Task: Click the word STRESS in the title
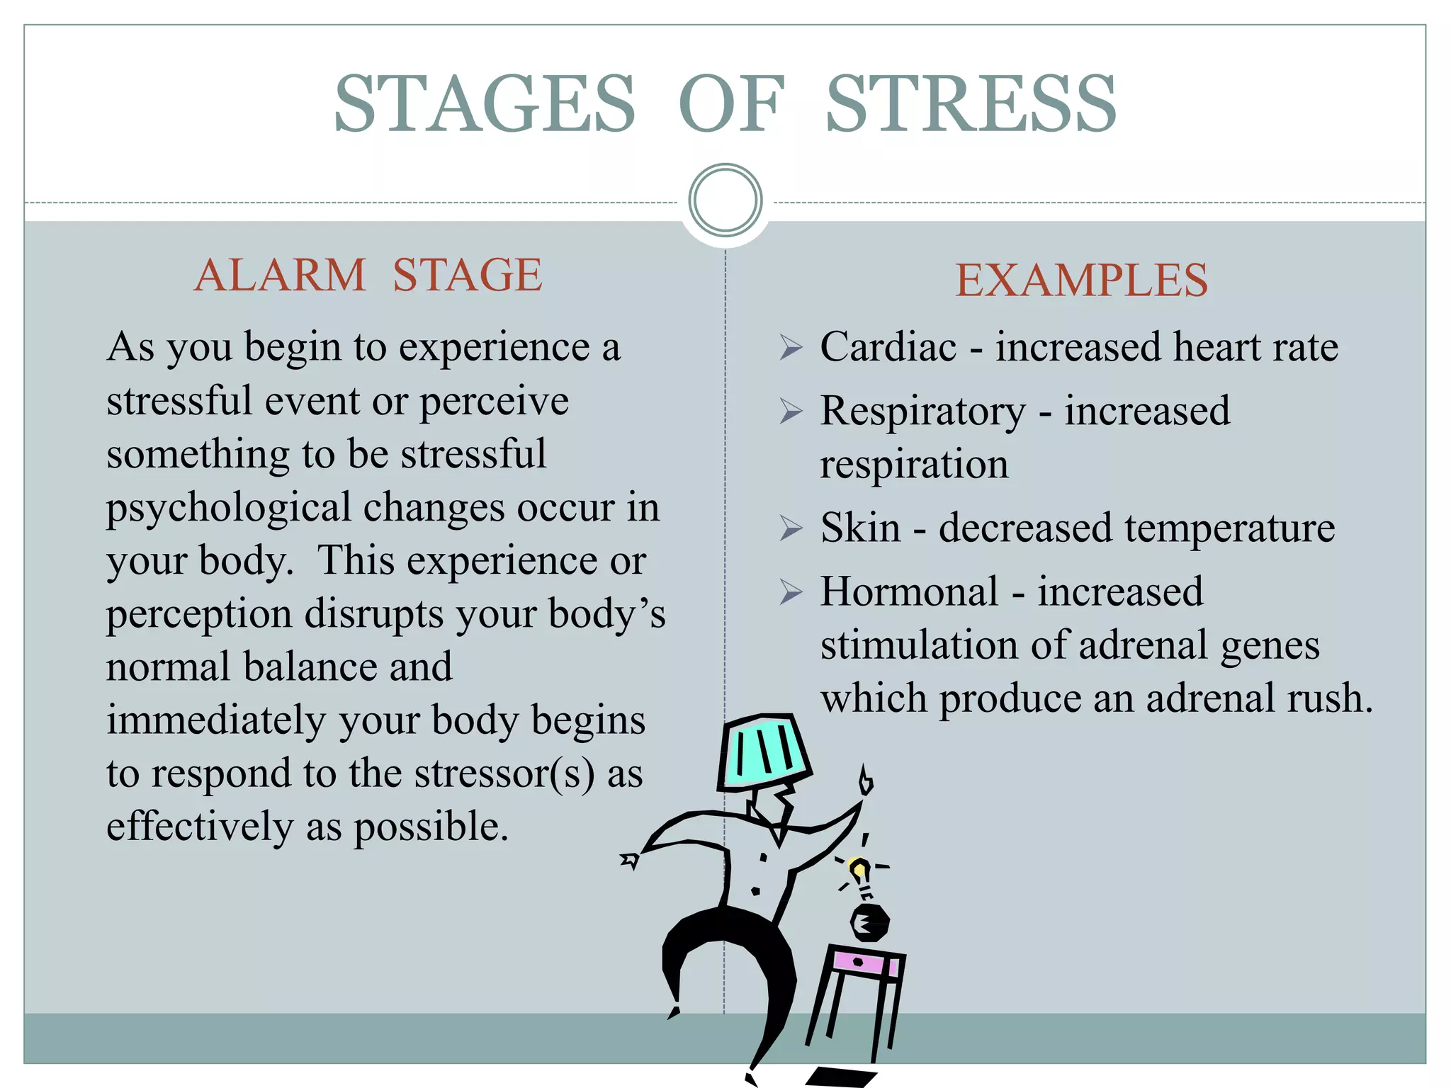click(971, 104)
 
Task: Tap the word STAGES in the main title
click(485, 104)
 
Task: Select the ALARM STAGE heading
click(368, 275)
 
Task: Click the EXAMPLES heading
click(1081, 280)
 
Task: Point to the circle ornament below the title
click(725, 200)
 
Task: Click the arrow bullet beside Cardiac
click(791, 347)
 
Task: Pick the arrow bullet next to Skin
click(791, 528)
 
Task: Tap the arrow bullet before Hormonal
click(791, 591)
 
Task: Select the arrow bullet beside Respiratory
click(791, 411)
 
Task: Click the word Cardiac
click(888, 347)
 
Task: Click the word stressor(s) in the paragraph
click(504, 773)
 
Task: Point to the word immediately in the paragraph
click(217, 720)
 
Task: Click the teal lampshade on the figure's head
click(764, 751)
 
